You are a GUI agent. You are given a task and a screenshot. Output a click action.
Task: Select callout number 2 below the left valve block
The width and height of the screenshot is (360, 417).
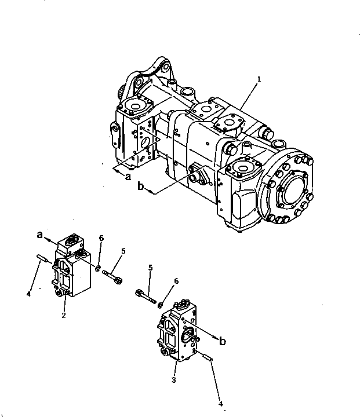(x=64, y=315)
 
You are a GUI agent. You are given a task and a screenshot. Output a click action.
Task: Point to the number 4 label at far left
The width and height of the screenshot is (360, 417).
(x=29, y=294)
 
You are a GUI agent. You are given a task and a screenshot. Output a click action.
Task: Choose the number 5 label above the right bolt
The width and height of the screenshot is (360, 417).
(x=150, y=268)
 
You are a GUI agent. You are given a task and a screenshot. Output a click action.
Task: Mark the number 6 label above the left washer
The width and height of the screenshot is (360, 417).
(x=102, y=238)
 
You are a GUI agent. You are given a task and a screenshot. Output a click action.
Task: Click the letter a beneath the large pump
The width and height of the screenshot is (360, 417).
(x=128, y=177)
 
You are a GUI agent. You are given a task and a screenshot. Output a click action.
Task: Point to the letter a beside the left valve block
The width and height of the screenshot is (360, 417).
(x=39, y=235)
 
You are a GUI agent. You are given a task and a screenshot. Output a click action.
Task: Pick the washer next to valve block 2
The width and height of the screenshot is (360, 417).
(x=99, y=268)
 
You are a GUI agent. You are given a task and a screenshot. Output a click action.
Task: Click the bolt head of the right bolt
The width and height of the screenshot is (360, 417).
(x=139, y=293)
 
